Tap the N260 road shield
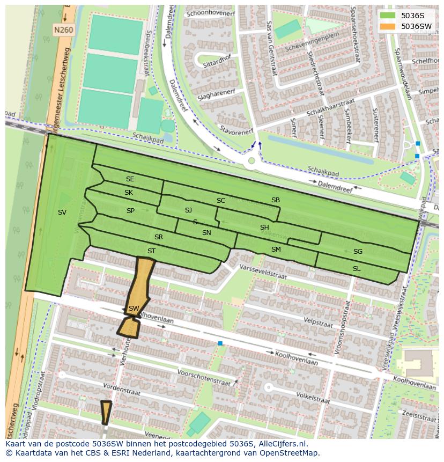click(63, 31)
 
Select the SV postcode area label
click(62, 212)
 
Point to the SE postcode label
click(130, 179)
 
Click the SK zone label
click(129, 193)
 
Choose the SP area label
click(130, 211)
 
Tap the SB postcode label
click(275, 200)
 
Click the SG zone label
click(358, 252)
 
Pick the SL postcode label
click(357, 268)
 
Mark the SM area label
click(276, 250)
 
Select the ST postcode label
click(151, 251)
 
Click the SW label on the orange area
click(134, 308)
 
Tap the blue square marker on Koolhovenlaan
click(220, 343)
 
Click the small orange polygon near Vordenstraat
click(106, 412)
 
